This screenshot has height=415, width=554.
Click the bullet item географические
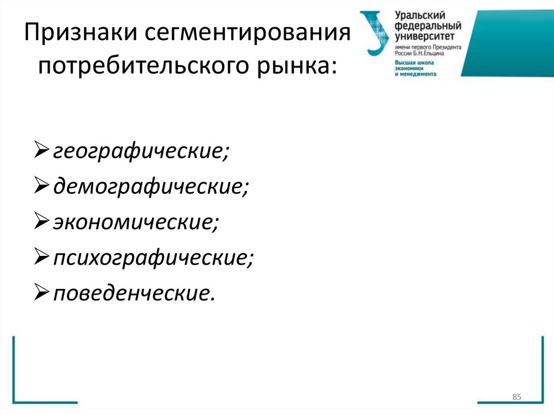point(141,151)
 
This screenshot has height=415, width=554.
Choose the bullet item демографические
point(151,187)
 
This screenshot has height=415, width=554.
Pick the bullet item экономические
point(136,222)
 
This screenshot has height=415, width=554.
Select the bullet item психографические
point(153,258)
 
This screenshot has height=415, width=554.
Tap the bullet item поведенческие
point(134,294)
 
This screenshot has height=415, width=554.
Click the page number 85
point(516,398)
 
